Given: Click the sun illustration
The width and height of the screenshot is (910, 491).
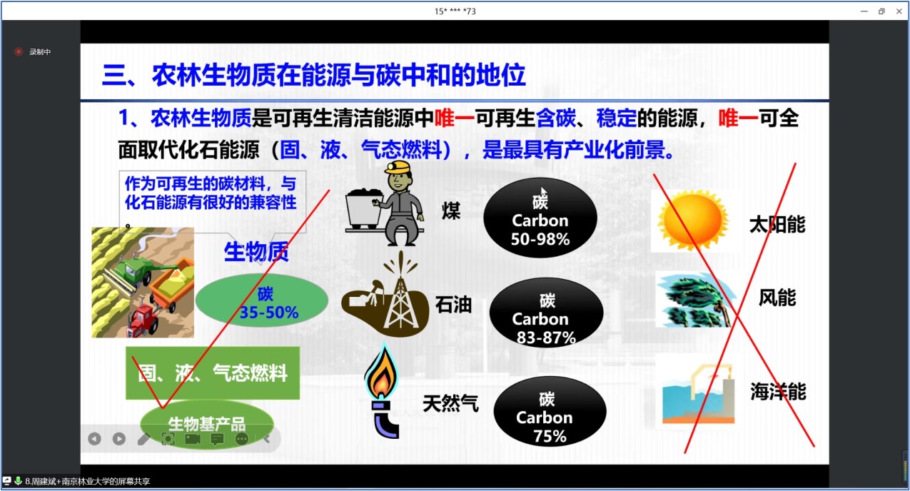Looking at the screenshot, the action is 692,221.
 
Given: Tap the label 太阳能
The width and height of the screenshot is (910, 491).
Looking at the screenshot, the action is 777,225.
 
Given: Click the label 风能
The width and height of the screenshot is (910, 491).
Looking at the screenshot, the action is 777,298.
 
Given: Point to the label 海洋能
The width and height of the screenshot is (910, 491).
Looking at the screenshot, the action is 778,392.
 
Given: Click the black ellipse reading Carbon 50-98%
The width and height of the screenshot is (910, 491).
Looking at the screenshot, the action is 540,218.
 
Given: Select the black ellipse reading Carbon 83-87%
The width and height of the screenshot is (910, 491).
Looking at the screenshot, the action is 547,313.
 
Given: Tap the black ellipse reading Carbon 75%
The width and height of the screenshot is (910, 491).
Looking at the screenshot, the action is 550,411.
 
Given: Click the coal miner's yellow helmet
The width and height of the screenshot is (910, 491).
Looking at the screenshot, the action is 398,167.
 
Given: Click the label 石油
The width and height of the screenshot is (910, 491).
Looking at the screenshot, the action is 453,304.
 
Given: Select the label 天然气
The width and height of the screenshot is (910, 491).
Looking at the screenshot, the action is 450,403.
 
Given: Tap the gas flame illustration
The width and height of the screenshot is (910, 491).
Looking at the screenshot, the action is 381,372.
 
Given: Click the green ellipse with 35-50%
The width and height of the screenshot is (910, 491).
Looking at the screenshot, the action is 262,300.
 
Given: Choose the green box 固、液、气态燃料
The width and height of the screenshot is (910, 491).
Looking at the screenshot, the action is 213,373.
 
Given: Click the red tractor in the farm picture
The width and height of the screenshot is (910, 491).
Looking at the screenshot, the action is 144,320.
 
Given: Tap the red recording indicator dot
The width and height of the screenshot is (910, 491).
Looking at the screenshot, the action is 19,51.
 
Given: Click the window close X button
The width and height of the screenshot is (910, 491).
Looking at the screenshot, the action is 899,11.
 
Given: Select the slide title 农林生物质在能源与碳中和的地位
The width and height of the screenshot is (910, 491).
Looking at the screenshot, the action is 339,75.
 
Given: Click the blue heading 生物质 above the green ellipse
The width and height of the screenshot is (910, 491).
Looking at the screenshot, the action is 256,252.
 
